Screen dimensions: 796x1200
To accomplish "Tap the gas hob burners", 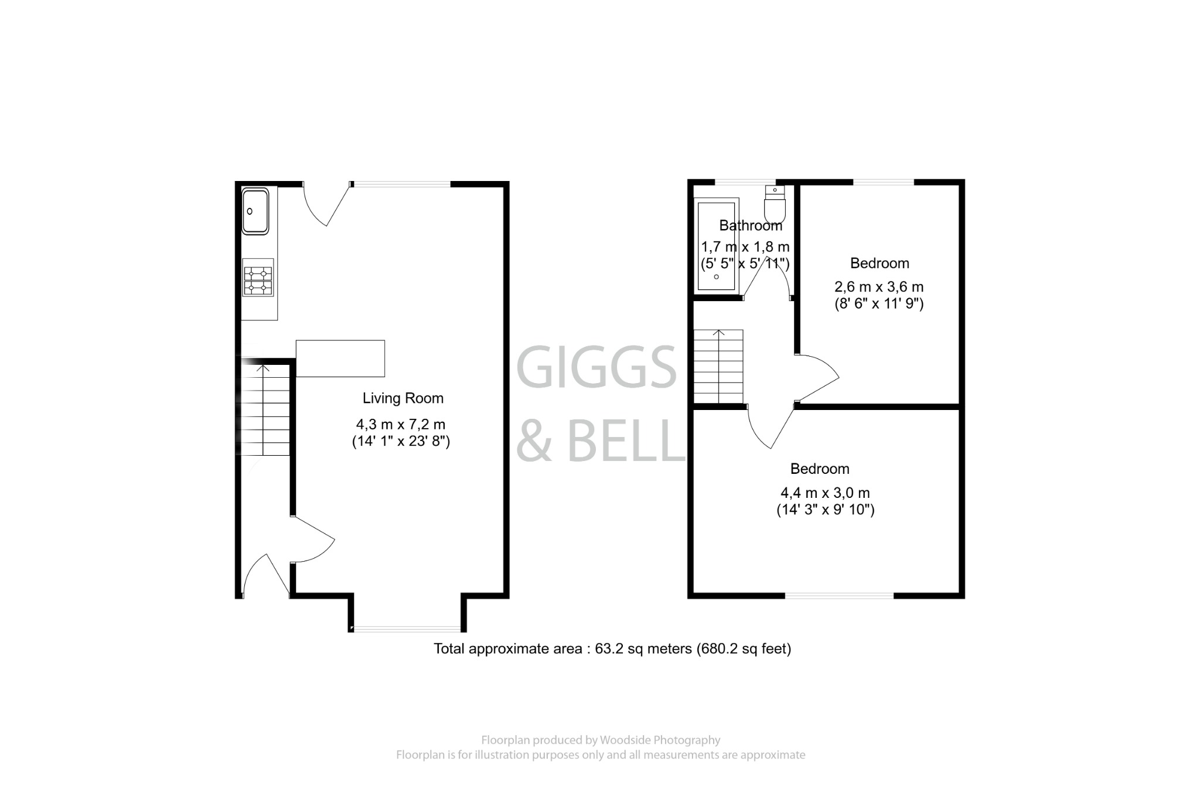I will (x=258, y=281).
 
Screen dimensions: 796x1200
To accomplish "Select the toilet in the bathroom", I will (x=775, y=205).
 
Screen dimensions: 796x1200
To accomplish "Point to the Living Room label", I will (x=403, y=398).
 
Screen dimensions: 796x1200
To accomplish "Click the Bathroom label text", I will (x=751, y=226).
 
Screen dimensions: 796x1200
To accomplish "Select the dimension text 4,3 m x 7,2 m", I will (x=401, y=424).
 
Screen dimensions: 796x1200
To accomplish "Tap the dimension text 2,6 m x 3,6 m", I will (x=879, y=287).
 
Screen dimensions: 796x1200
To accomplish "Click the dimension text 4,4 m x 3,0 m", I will (x=825, y=493).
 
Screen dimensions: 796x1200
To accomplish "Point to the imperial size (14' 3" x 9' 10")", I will (x=825, y=510).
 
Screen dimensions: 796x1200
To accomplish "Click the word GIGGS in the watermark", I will (x=596, y=367).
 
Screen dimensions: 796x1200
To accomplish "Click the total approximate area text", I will (x=612, y=649).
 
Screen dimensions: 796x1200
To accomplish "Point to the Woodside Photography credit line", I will (x=601, y=740).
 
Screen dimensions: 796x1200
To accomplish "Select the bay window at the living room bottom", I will (x=408, y=630).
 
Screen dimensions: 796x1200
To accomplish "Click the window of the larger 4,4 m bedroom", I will (x=839, y=596).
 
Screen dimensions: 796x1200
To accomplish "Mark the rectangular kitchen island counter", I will (x=340, y=358).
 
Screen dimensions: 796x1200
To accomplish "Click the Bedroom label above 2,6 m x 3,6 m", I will (x=879, y=264).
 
